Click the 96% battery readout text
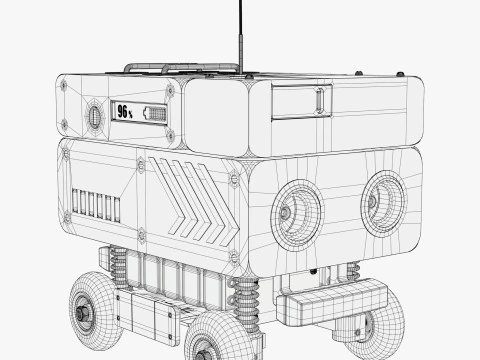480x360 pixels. (125, 112)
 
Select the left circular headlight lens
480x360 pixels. (296, 209)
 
